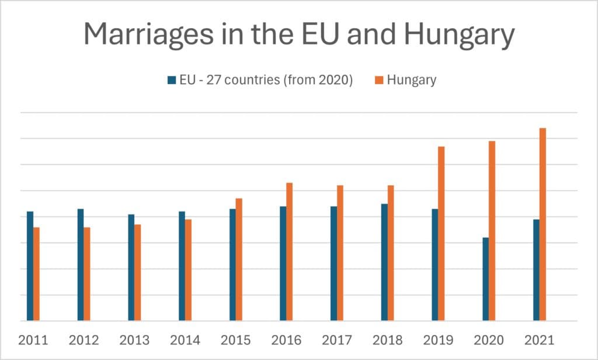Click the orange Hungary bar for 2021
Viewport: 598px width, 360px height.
pos(543,224)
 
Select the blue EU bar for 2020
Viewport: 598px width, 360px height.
pos(485,279)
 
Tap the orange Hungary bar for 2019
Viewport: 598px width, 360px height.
pos(441,234)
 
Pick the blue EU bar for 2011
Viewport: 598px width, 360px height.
pos(30,266)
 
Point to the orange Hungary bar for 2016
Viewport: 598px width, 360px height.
pos(289,252)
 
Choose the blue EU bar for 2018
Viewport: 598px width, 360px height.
pos(384,262)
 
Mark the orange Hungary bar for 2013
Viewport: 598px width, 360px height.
pos(138,272)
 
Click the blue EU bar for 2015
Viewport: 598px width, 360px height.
pos(232,265)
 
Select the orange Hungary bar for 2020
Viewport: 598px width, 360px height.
pos(492,231)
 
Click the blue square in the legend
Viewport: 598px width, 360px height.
pos(172,81)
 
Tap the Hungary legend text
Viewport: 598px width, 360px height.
pos(411,80)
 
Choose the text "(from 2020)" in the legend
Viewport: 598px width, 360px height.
pos(318,80)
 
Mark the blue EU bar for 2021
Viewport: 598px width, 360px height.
pos(536,270)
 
